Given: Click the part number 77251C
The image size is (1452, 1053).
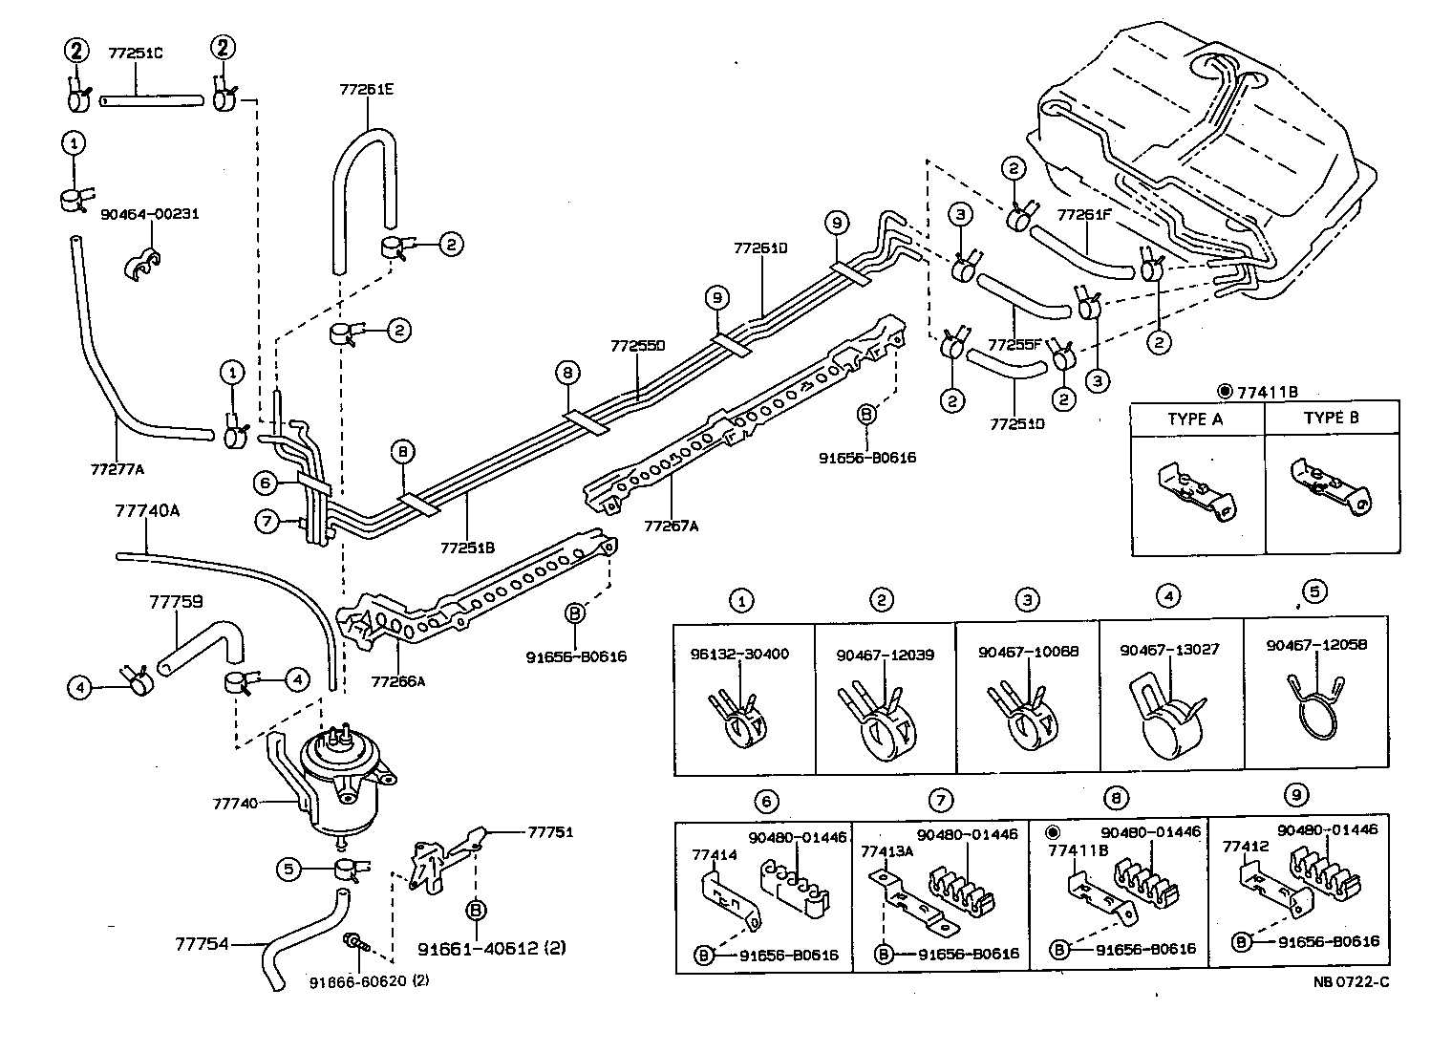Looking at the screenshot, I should point(135,54).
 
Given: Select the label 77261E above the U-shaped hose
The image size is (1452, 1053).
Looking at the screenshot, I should point(366,90).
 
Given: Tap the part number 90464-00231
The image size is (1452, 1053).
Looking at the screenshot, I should point(149,214).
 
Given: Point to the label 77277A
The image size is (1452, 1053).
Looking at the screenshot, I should point(117,469).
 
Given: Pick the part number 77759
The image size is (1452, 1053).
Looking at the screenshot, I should point(176,602).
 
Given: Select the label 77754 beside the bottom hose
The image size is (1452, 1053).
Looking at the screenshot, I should point(202,943).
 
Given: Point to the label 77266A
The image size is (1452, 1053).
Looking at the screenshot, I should point(397,682).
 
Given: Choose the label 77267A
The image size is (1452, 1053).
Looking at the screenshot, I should point(671,525).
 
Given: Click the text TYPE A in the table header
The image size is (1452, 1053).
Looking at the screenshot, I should point(1194,419).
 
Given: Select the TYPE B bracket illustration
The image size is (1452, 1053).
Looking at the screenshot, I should point(1330,485).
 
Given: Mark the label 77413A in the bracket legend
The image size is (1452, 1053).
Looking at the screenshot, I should point(886,851).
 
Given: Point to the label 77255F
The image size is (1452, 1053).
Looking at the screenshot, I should point(1014,344).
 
